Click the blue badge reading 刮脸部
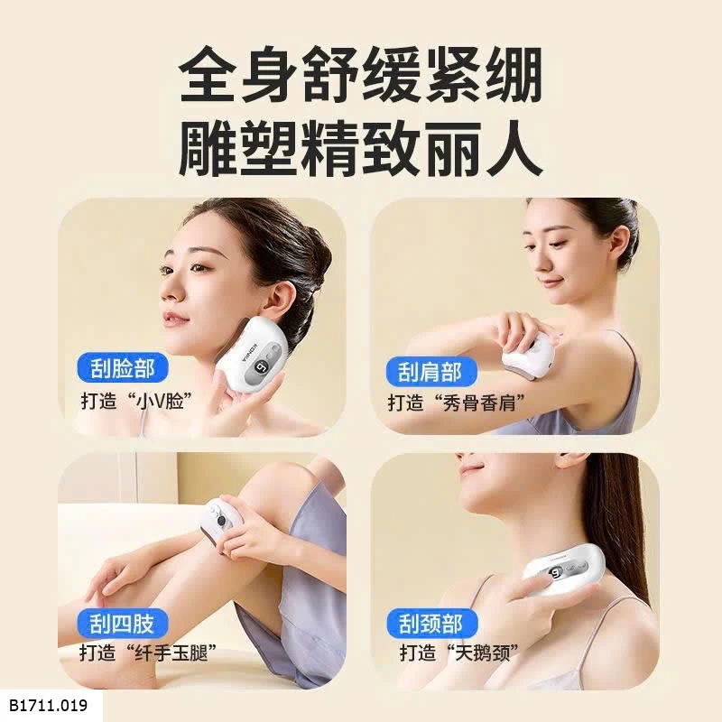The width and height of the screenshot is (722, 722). point(123,368)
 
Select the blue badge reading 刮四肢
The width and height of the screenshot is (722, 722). point(123,622)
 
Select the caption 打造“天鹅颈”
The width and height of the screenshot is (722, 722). point(460,653)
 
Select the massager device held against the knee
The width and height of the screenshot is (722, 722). point(219,525)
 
